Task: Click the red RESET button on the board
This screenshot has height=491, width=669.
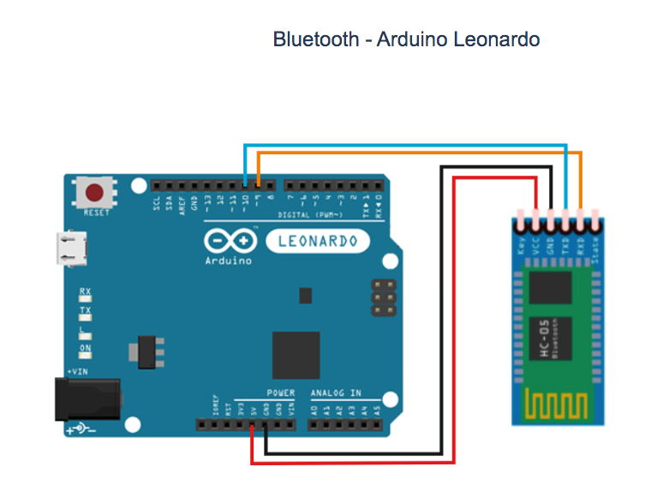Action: pos(96,192)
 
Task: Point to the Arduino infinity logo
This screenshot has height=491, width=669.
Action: pos(229,240)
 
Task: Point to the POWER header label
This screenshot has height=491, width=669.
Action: pos(279,393)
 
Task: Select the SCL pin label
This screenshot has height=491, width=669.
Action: pos(157,203)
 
